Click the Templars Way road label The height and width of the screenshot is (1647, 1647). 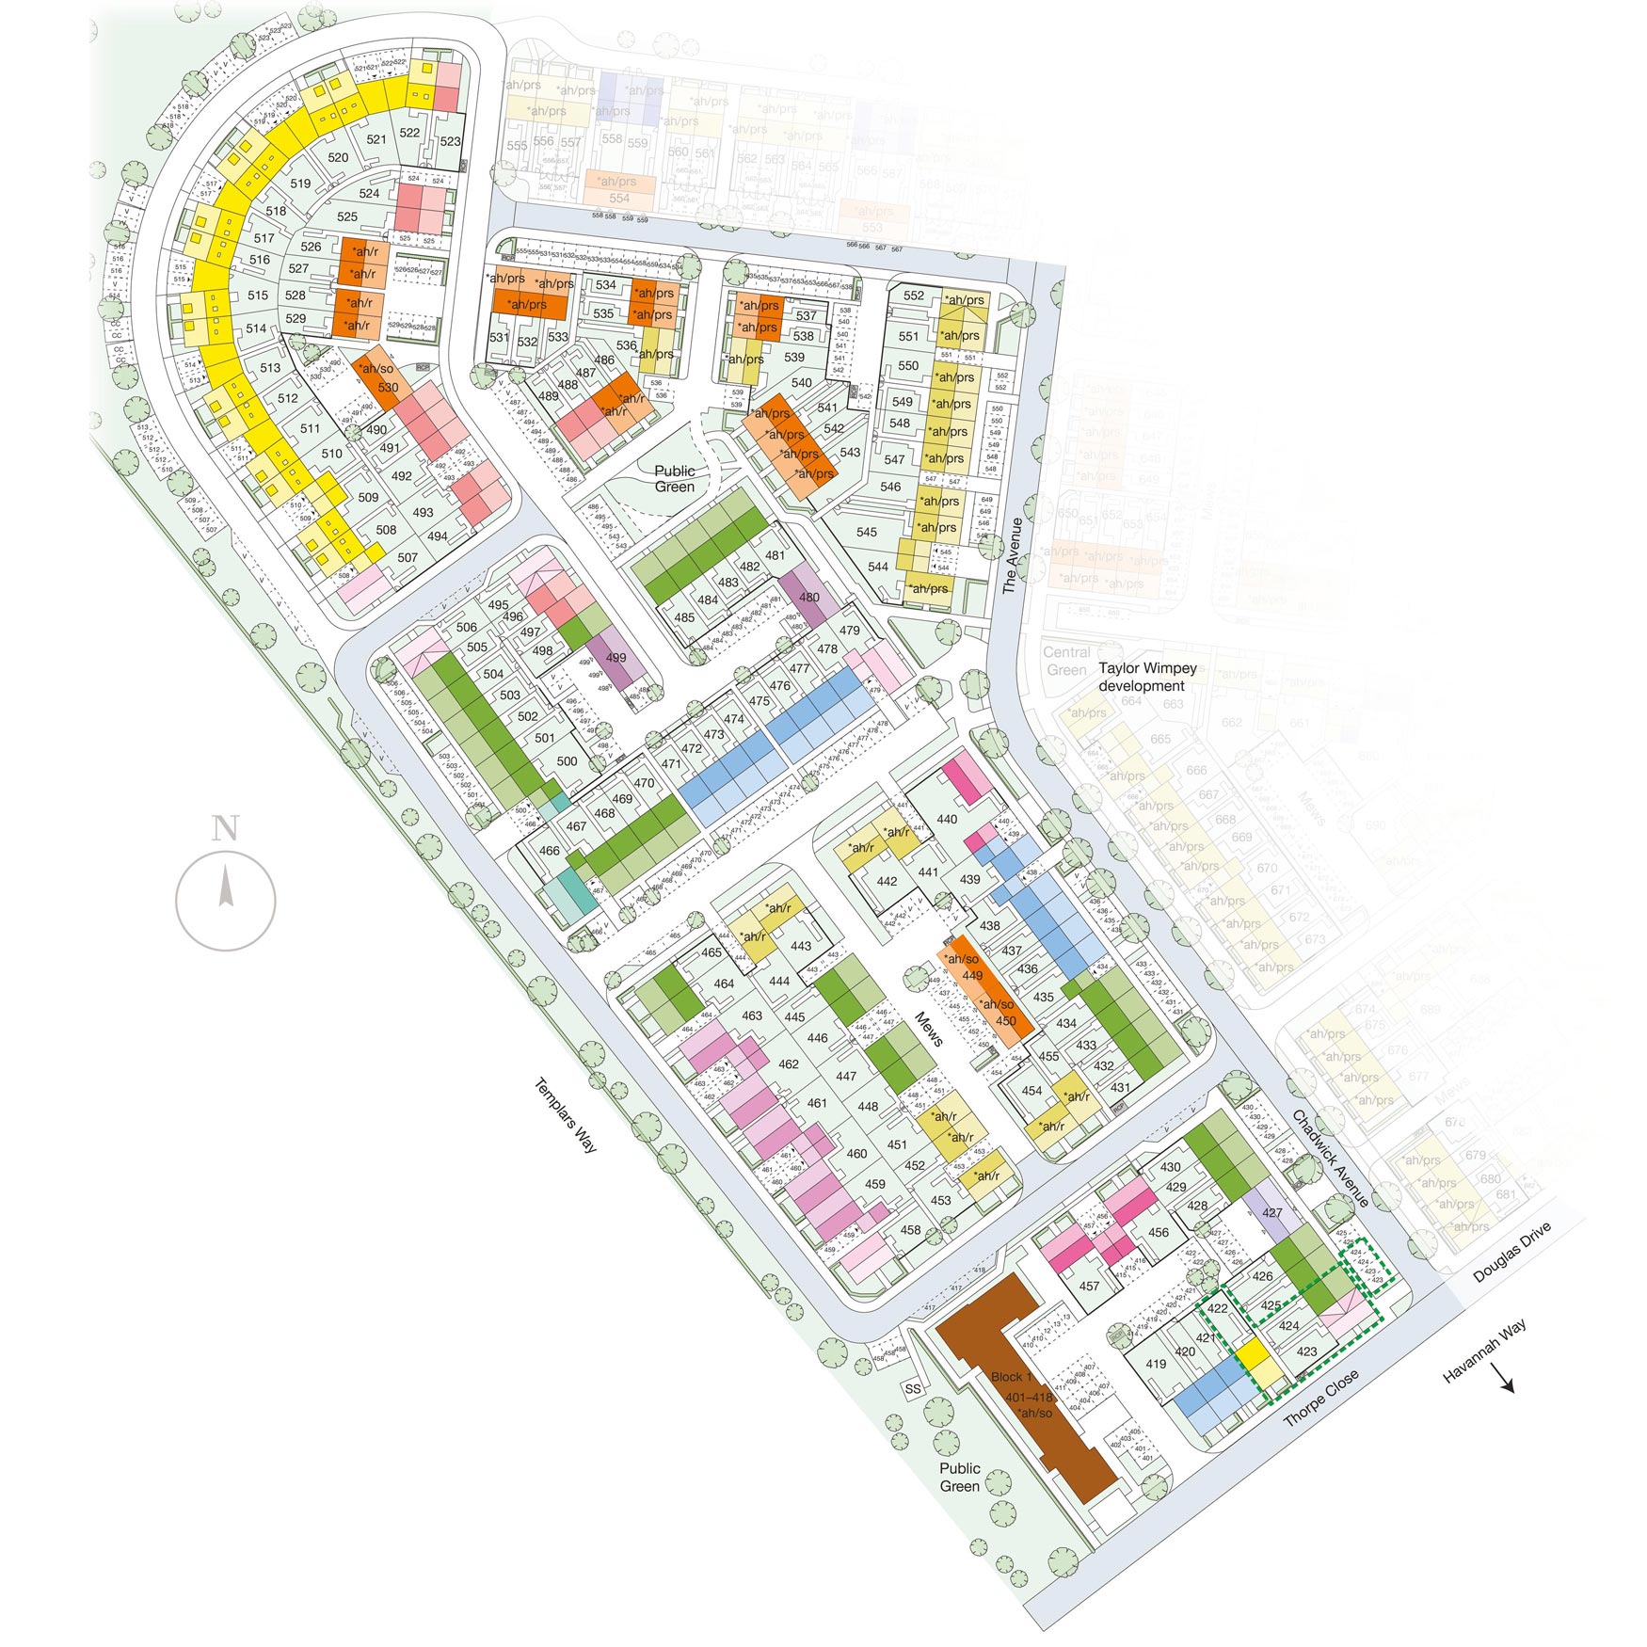point(566,1114)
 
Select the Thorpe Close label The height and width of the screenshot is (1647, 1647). point(1321,1397)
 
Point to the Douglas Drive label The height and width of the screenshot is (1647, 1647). point(1511,1252)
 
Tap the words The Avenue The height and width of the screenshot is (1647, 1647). point(1012,555)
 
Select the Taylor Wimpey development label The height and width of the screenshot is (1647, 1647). point(1146,677)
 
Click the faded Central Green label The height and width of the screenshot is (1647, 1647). point(1066,661)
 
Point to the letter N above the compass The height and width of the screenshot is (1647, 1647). point(225,829)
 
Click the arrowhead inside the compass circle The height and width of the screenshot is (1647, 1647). point(226,887)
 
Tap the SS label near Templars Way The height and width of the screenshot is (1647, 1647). point(913,1389)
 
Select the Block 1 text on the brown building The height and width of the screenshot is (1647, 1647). point(1011,1377)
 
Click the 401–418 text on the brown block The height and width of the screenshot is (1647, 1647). point(1029,1397)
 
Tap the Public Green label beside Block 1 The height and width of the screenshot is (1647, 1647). point(959,1477)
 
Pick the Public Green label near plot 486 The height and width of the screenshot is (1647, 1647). point(675,478)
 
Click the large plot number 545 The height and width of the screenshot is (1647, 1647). point(867,532)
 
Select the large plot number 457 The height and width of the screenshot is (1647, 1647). point(1089,1286)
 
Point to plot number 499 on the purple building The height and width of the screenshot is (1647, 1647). point(616,658)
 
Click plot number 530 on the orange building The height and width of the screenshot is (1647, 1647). point(388,387)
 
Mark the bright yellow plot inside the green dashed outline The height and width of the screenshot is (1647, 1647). point(1253,1354)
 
